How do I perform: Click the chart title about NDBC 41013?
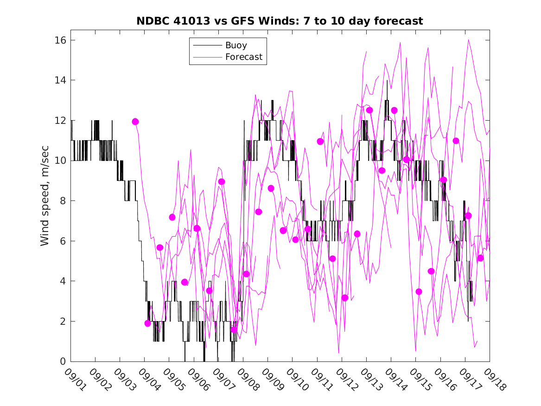280,21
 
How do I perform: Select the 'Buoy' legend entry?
236,45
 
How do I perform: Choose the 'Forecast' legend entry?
243,57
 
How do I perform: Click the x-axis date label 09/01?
74,380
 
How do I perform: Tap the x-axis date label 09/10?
295,380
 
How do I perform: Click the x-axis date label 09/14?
394,380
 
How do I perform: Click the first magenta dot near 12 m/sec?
135,122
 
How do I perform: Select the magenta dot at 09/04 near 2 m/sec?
148,323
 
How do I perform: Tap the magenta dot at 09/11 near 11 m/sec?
320,142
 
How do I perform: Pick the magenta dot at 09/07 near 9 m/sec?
222,181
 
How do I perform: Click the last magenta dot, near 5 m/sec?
480,258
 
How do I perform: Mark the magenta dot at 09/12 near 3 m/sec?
344,298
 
